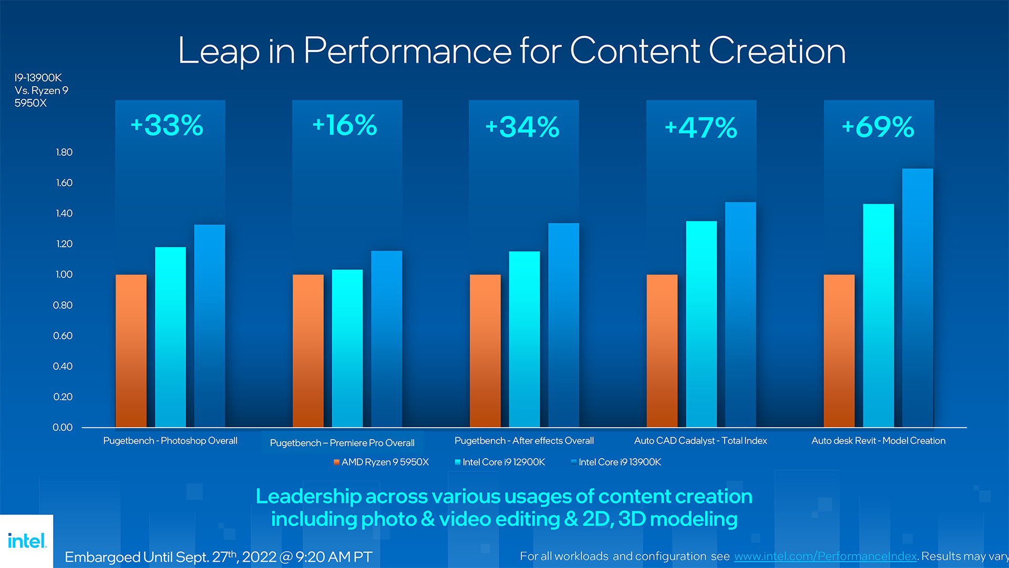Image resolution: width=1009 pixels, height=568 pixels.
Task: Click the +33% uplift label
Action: point(167,126)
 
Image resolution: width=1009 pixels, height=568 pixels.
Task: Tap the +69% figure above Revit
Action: point(878,127)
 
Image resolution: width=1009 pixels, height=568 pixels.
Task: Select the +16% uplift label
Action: point(345,126)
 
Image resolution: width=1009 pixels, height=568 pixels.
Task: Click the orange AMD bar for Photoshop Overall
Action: point(131,351)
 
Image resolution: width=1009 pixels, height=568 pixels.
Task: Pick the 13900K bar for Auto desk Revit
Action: point(918,298)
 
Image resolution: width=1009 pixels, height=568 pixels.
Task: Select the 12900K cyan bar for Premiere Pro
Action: point(347,348)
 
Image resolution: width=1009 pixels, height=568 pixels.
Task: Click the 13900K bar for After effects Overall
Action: point(563,325)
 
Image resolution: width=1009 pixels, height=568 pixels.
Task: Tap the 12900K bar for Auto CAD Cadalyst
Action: point(701,324)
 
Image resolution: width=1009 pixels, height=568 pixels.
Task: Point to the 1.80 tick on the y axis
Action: point(64,153)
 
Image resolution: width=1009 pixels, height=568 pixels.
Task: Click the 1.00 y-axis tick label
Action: point(64,275)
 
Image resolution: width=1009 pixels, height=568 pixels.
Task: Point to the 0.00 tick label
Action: point(63,428)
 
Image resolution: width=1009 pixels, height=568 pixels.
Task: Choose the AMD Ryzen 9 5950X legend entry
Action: point(382,462)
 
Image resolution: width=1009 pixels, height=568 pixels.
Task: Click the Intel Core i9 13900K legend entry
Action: point(616,462)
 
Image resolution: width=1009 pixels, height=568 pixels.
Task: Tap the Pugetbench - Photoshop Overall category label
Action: point(170,441)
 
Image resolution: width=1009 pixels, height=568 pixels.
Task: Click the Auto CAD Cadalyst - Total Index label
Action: point(701,441)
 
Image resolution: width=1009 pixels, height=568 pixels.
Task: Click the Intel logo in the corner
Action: point(27,541)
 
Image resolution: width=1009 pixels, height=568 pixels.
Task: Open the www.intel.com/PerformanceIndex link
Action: point(825,556)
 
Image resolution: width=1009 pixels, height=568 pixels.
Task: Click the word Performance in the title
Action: point(407,51)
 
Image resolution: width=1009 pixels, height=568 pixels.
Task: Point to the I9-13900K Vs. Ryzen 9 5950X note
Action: point(41,90)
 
